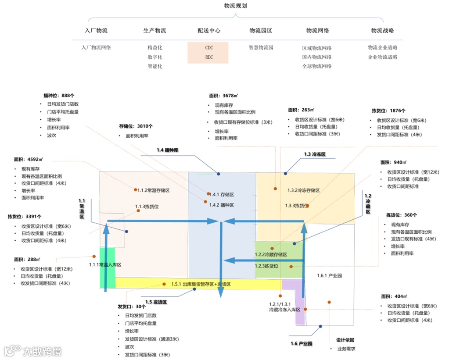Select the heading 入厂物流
click(96, 31)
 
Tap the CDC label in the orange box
click(209, 47)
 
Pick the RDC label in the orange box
click(209, 57)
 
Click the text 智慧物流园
click(261, 47)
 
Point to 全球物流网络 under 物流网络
click(317, 66)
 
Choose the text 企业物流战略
click(383, 57)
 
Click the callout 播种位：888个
click(59, 95)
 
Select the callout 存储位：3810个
click(136, 126)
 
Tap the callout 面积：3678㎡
click(223, 95)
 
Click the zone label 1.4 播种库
click(168, 150)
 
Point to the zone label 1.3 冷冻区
click(315, 154)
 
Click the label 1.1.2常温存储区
click(153, 190)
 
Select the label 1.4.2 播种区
click(221, 205)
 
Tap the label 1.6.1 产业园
click(329, 275)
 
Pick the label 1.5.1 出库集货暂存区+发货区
click(201, 284)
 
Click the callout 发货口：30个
click(132, 307)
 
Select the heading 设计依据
click(345, 340)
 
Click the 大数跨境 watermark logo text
click(42, 351)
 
